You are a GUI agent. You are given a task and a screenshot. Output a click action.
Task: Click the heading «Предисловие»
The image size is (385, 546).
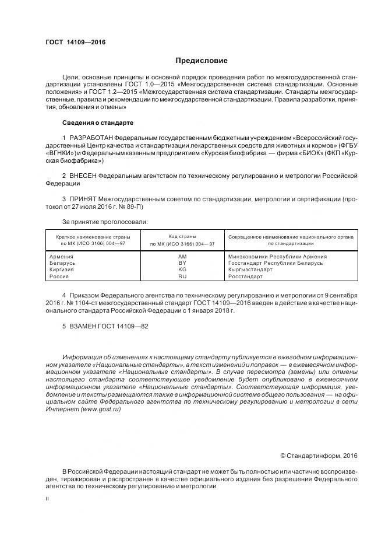[202, 61]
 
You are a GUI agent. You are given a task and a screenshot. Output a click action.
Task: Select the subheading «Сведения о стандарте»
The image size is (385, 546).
[97, 123]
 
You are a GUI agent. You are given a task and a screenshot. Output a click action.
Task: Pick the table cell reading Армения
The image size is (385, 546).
[61, 257]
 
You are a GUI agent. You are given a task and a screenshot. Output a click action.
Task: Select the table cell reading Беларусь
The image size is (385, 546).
[62, 263]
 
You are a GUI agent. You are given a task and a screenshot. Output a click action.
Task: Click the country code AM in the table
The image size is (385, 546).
[182, 257]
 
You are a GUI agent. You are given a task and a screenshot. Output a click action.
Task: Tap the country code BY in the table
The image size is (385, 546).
[182, 263]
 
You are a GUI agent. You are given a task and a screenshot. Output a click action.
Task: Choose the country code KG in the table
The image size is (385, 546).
[182, 269]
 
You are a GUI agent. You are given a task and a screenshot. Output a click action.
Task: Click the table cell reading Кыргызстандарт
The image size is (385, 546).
[250, 269]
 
